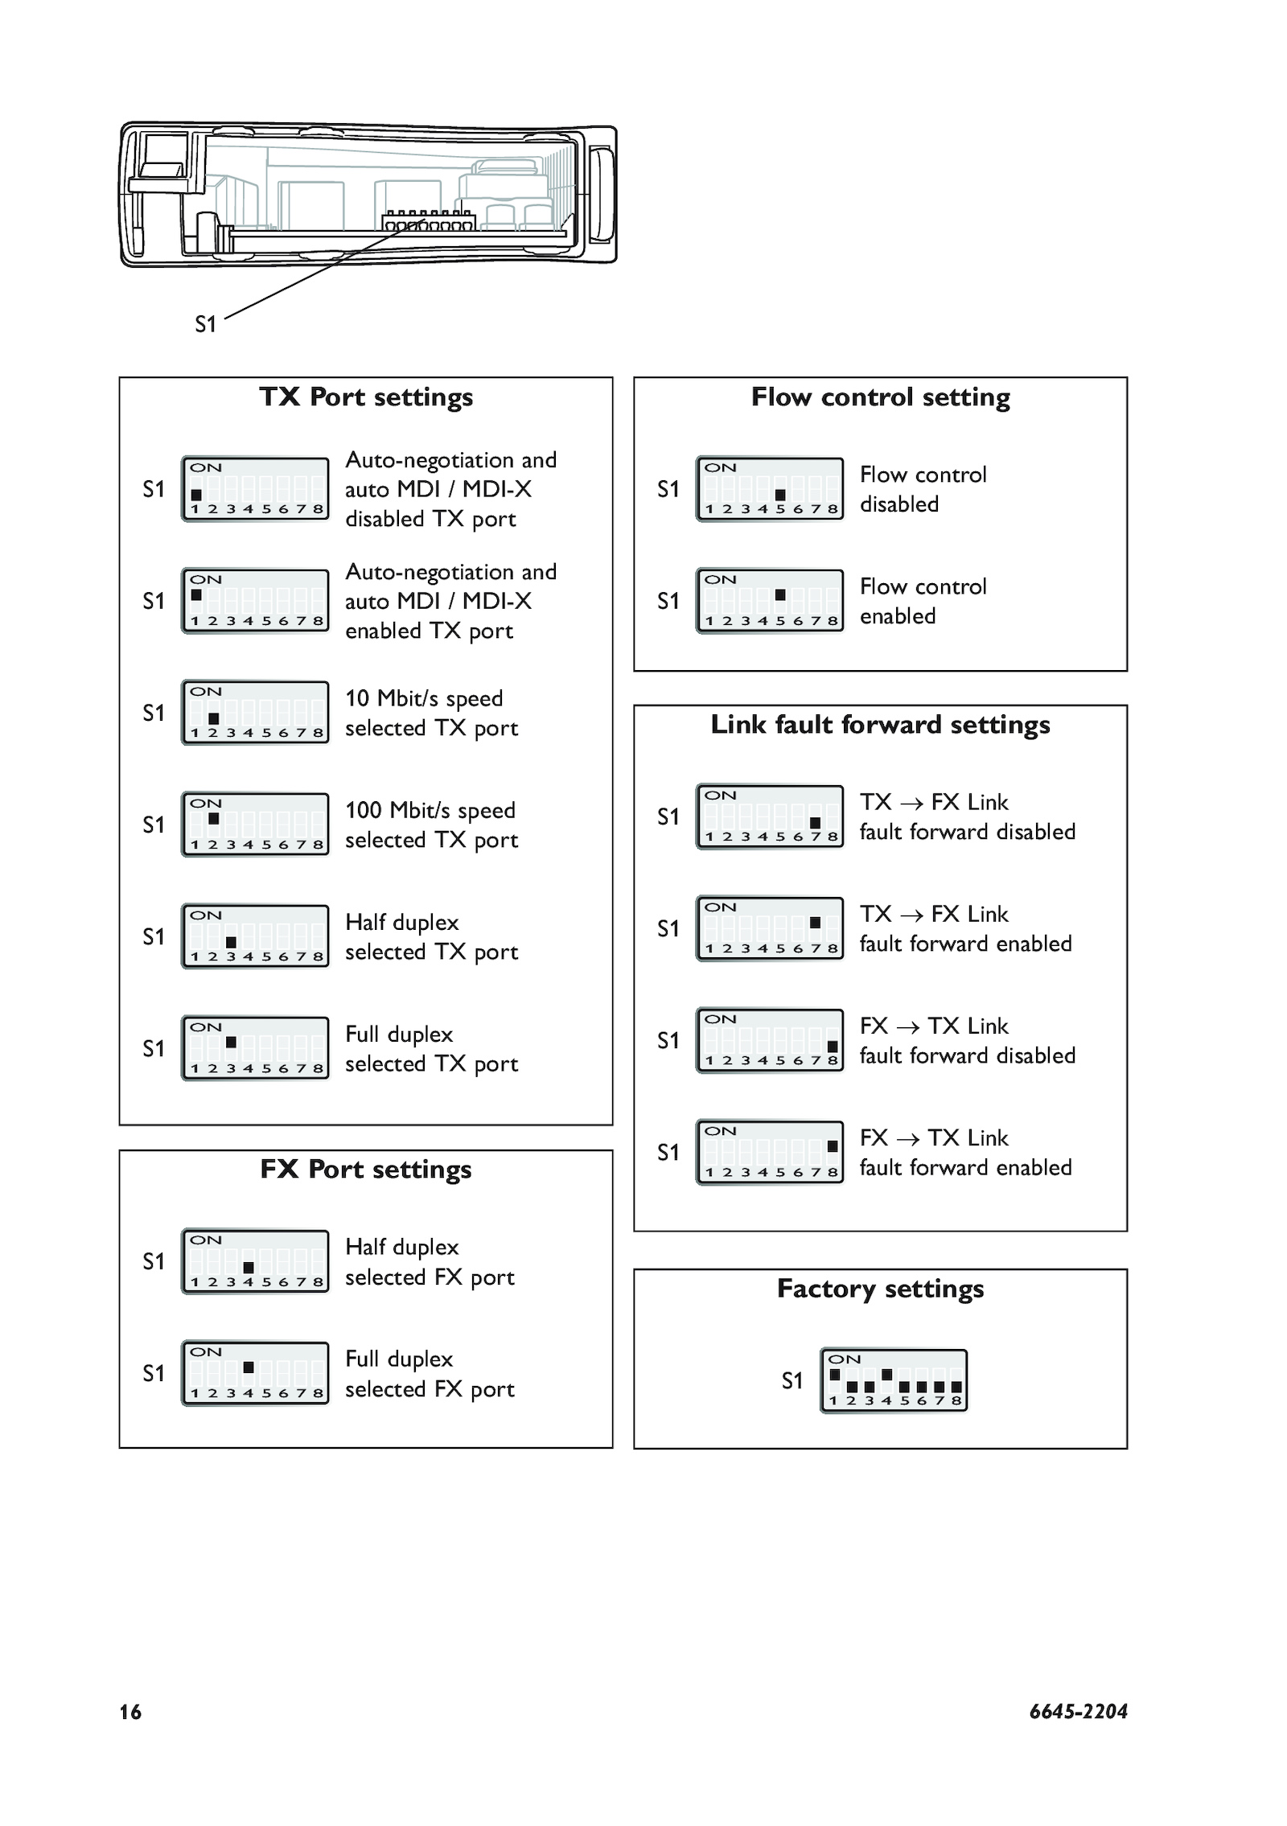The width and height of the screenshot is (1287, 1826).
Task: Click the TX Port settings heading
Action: [x=366, y=397]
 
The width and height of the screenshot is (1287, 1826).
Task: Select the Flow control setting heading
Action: [x=880, y=397]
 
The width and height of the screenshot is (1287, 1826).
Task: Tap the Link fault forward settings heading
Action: [x=880, y=725]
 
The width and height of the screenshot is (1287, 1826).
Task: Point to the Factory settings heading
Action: [x=880, y=1289]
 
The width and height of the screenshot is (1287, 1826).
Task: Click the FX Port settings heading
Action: [x=366, y=1169]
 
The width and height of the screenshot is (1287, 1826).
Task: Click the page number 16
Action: [x=130, y=1712]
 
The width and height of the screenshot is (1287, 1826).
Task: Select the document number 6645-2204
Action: [x=1078, y=1711]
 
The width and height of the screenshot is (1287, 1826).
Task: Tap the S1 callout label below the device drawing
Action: [x=206, y=324]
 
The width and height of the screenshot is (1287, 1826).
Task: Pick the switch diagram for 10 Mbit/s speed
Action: [x=255, y=713]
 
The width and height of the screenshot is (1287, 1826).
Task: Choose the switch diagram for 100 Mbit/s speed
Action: [x=255, y=825]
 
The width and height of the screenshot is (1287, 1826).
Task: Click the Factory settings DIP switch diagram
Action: [x=894, y=1380]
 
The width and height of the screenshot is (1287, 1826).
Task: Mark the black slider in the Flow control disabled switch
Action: [x=780, y=495]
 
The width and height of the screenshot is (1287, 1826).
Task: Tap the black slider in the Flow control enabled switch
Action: [x=780, y=595]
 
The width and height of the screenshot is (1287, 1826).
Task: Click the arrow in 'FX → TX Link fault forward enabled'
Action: [x=908, y=1139]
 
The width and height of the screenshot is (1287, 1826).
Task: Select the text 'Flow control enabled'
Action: [x=923, y=601]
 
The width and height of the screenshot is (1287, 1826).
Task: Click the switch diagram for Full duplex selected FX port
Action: [x=255, y=1372]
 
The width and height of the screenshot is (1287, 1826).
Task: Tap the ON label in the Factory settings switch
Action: [x=845, y=1359]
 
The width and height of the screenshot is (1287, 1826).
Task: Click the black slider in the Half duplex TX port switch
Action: [x=231, y=942]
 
